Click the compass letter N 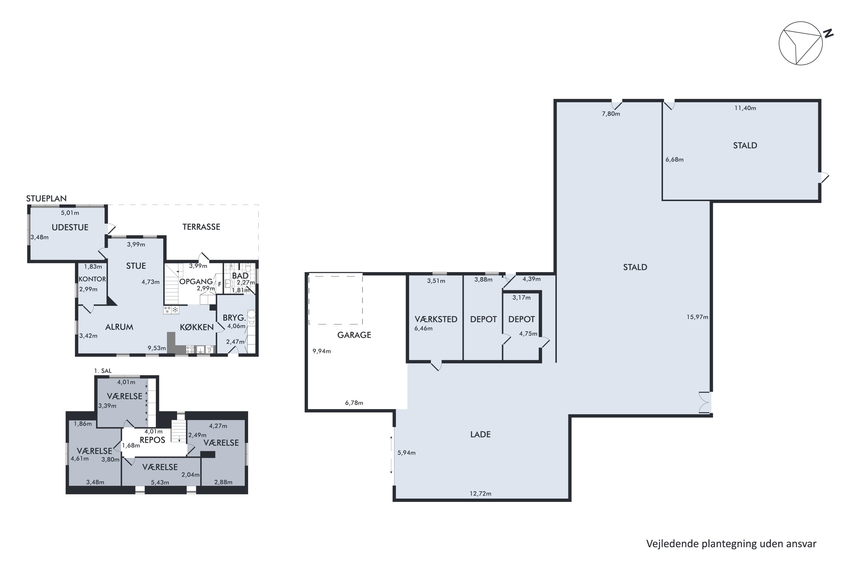[829, 34]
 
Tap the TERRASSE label [201, 227]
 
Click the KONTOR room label [92, 279]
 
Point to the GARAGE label [354, 335]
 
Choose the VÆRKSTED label [436, 320]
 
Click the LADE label [481, 435]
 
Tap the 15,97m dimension [697, 317]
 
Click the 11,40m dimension [745, 108]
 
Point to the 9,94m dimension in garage [322, 351]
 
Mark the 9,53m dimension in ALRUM [157, 348]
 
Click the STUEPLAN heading [47, 199]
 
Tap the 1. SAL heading [103, 371]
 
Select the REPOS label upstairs [152, 440]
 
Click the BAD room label [240, 276]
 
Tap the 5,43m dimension [160, 482]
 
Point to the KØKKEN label [197, 327]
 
